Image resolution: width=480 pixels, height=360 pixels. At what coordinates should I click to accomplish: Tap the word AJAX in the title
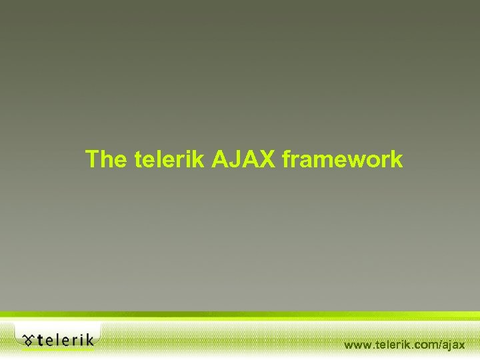[x=245, y=160]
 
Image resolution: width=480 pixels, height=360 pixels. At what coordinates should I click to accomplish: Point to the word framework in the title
[x=343, y=160]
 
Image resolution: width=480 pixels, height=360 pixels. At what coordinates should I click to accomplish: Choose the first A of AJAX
[x=221, y=160]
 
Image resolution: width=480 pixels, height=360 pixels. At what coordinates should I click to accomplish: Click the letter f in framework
[x=287, y=160]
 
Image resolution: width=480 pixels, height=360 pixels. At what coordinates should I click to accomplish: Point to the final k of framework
[x=397, y=160]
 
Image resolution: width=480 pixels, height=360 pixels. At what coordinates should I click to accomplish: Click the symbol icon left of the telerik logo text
[x=28, y=341]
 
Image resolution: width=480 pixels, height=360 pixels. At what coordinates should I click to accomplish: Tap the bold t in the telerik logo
[x=41, y=341]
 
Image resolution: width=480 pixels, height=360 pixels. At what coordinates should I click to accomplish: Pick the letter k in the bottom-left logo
[x=89, y=340]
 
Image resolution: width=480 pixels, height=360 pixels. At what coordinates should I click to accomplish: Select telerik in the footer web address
[x=391, y=345]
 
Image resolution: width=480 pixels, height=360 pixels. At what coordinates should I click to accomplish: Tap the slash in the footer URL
[x=439, y=345]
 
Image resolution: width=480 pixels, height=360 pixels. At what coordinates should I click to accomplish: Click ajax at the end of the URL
[x=453, y=345]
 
